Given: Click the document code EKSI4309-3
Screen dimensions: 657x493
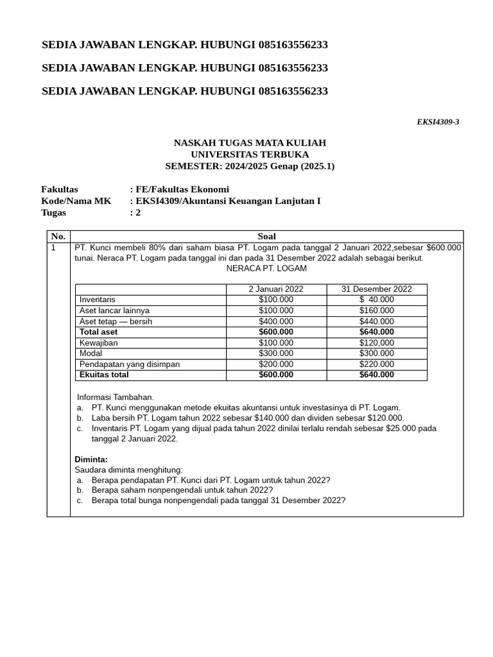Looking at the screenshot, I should [x=438, y=122].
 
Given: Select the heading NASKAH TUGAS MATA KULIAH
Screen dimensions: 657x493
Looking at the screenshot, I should [x=250, y=142].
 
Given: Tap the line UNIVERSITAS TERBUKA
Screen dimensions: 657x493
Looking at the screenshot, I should [x=250, y=155].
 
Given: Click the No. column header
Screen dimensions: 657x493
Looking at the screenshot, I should [x=58, y=236].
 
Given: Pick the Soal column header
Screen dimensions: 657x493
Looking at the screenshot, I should [x=266, y=236].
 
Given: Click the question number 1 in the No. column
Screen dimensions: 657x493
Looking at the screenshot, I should [x=54, y=247].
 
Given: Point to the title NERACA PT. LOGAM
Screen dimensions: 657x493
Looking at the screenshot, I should [x=266, y=268].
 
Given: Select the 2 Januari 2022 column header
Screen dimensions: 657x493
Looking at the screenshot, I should [x=276, y=289].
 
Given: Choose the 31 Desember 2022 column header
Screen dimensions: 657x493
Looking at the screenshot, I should [x=377, y=289].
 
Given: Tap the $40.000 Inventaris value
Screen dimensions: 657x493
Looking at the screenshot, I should [x=377, y=300].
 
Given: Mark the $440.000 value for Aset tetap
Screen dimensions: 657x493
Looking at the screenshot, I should [x=377, y=321].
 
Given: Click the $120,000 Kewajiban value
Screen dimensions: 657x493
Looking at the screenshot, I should [x=377, y=343].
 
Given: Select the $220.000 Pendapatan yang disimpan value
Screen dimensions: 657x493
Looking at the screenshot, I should [x=377, y=364].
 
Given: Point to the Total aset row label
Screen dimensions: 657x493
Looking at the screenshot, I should [x=98, y=332].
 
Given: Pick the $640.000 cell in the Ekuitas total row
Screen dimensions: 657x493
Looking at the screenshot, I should [x=377, y=375].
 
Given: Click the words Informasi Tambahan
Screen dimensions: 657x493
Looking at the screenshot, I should [x=116, y=397].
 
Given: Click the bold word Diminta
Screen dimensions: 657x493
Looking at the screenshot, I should [x=91, y=459].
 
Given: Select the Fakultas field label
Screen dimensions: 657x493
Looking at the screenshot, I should [x=60, y=189].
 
